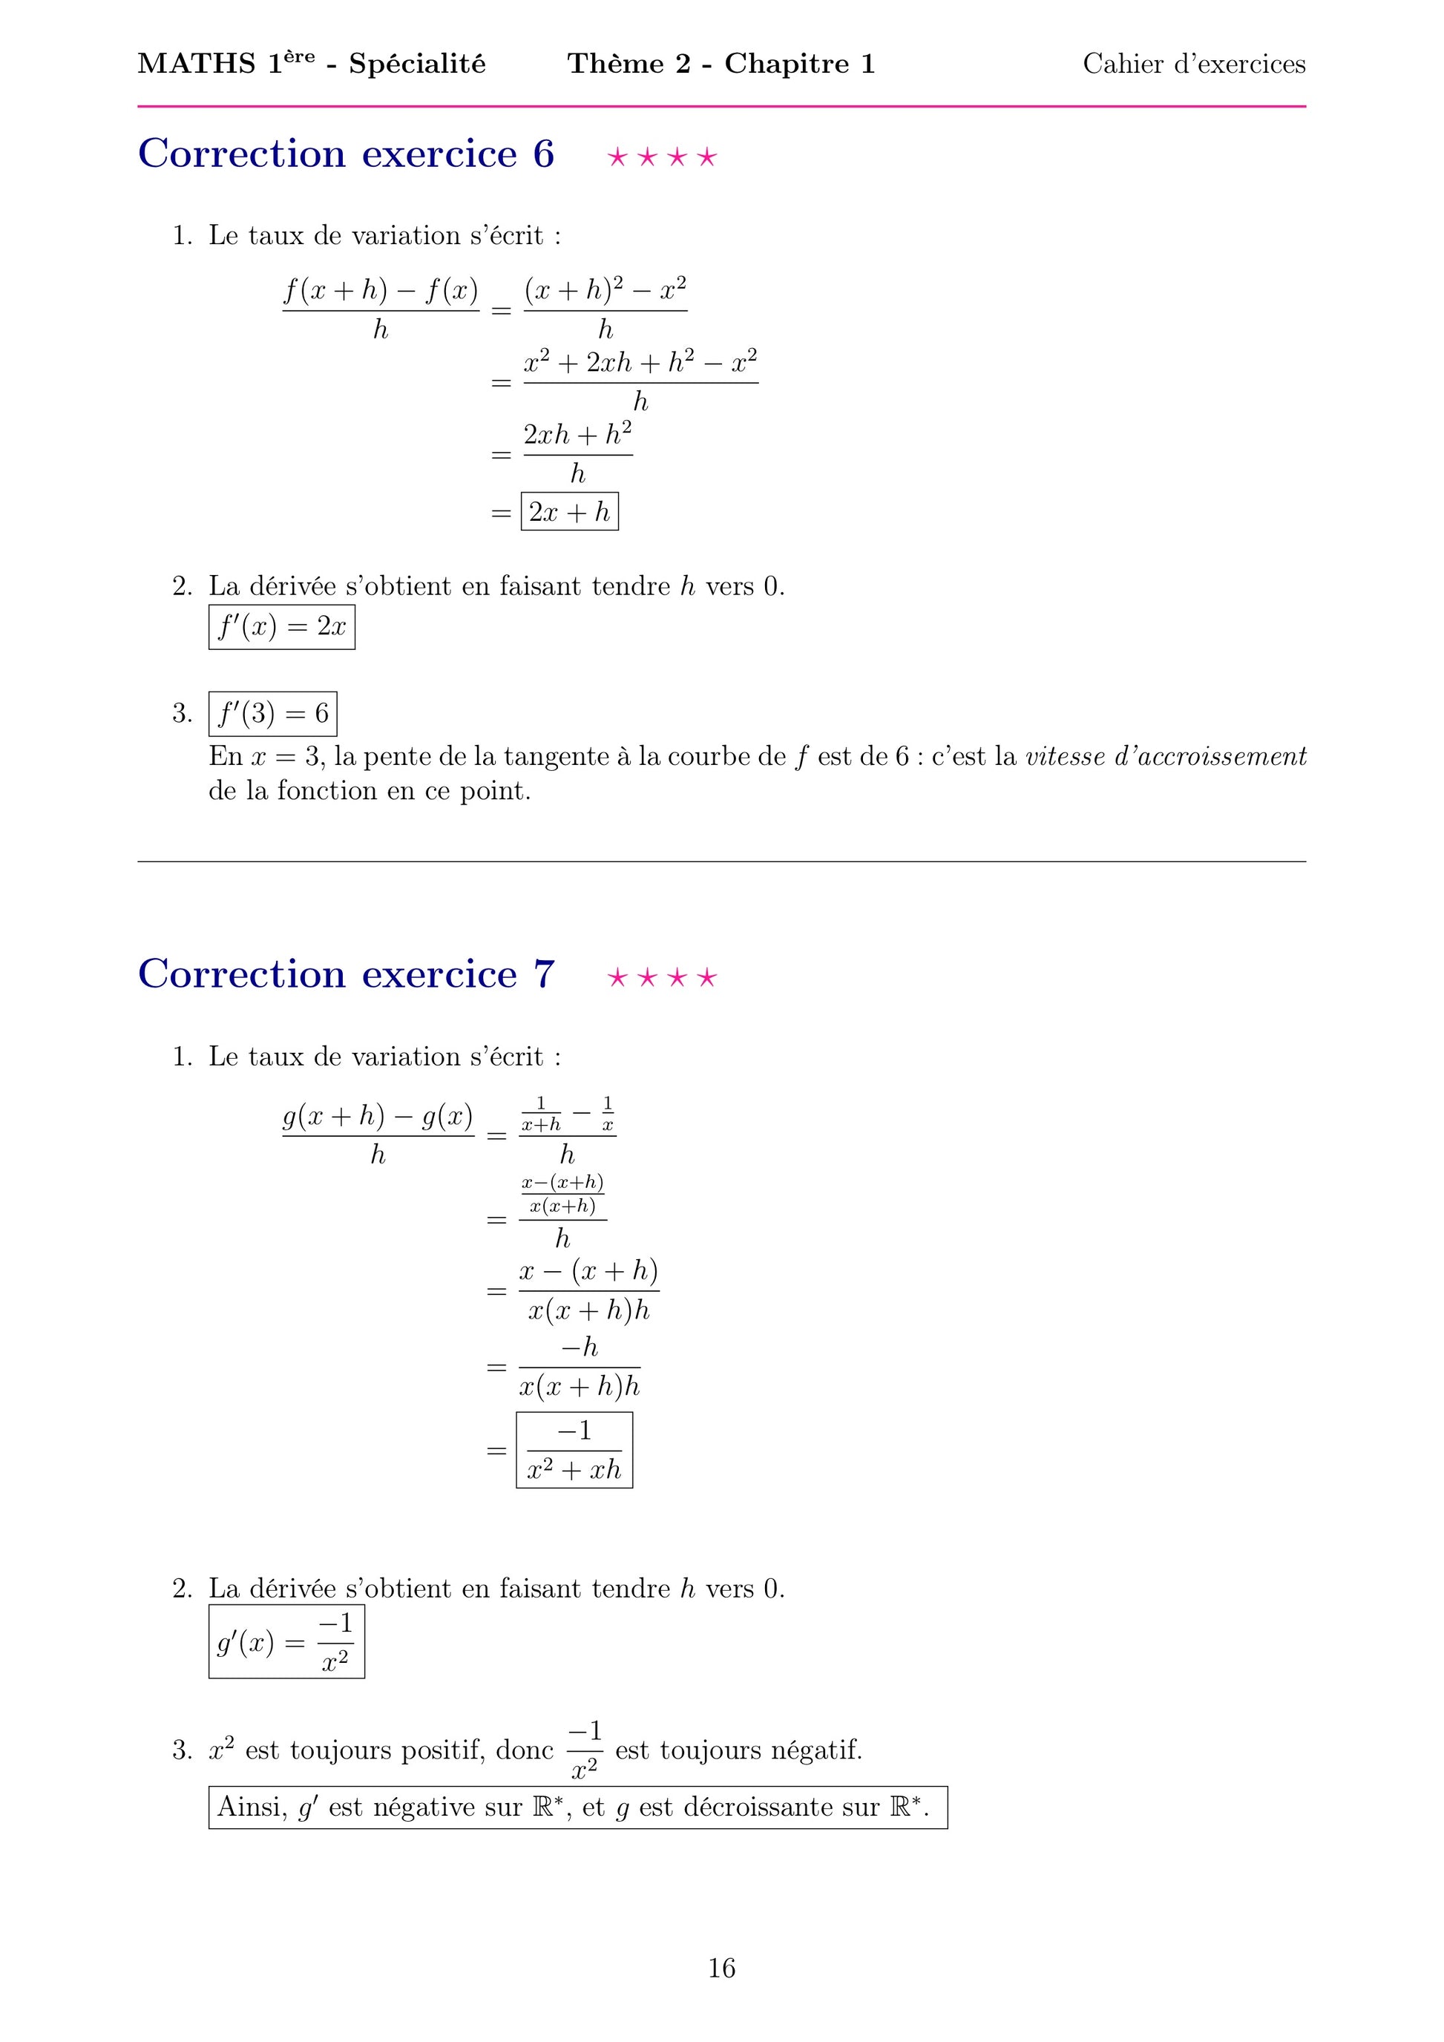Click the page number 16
coord(721,1969)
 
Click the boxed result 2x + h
coord(569,512)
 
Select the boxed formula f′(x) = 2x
coord(282,627)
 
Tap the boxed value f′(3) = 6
coord(273,713)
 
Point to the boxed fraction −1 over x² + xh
coord(574,1450)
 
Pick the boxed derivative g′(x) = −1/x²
coord(286,1642)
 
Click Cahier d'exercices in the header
coord(1193,64)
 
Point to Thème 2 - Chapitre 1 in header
coord(721,64)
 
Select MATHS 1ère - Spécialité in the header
coord(311,64)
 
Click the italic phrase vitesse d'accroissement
coord(1166,757)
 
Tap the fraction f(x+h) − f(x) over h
coord(381,309)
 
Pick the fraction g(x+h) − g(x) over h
coord(378,1135)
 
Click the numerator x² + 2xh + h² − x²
coord(640,363)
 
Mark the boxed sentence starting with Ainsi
coord(578,1808)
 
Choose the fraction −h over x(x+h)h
coord(579,1367)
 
